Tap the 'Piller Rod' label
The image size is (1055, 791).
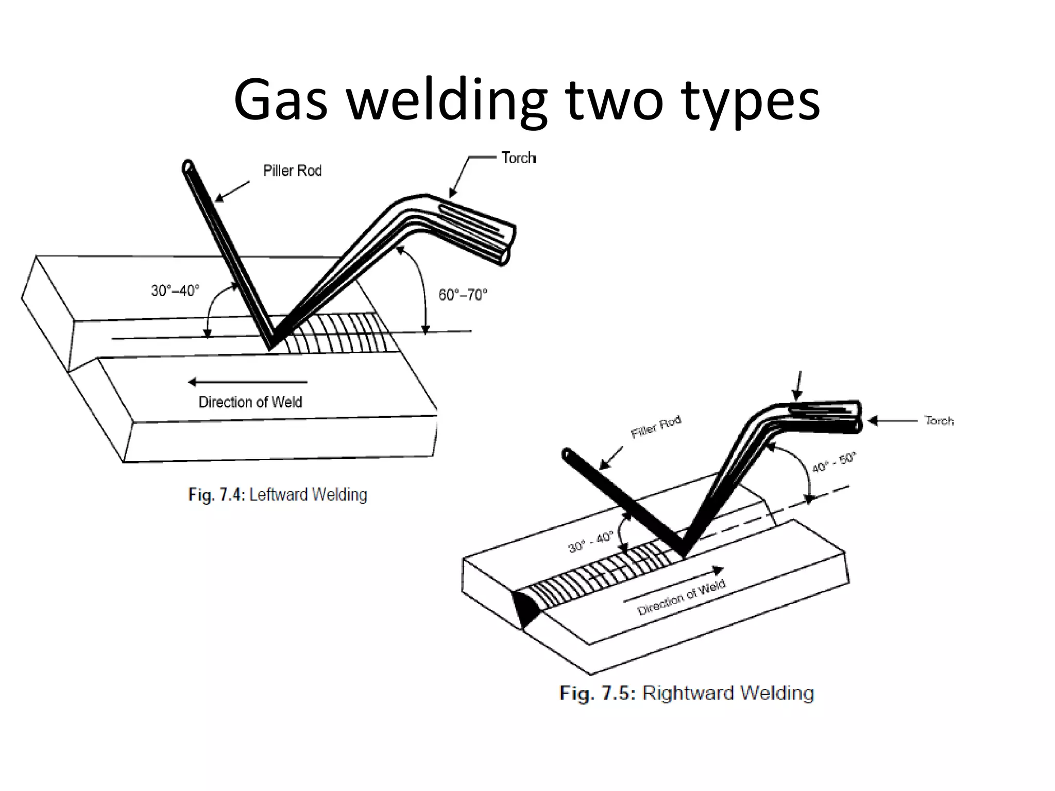pyautogui.click(x=292, y=171)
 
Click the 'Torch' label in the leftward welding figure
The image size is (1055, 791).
pyautogui.click(x=518, y=158)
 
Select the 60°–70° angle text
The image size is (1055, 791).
pyautogui.click(x=463, y=295)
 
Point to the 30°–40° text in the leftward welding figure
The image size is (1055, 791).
pyautogui.click(x=175, y=291)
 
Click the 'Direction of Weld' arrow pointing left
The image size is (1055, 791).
pyautogui.click(x=248, y=382)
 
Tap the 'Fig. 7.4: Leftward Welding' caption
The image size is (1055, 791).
pyautogui.click(x=278, y=495)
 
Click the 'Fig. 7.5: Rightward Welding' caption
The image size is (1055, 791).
pyautogui.click(x=687, y=693)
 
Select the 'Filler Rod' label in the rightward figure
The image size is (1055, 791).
pyautogui.click(x=656, y=427)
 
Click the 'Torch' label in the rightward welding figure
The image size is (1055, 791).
pyautogui.click(x=939, y=421)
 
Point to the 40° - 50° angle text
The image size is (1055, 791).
pyautogui.click(x=833, y=462)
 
